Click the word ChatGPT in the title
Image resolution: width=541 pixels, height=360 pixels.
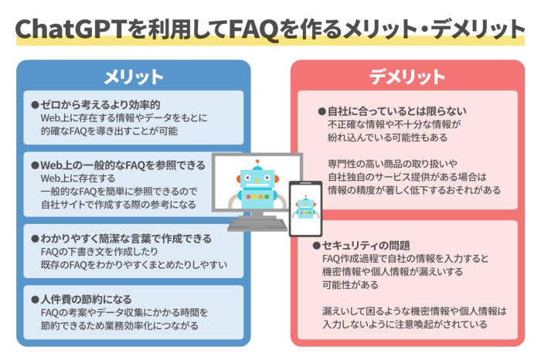point(64,29)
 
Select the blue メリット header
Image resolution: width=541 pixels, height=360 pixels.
point(134,76)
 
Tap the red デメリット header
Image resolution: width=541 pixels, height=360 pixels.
point(407,76)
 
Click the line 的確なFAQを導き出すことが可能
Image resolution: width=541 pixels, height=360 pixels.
point(109,131)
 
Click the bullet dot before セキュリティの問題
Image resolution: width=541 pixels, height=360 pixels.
point(316,246)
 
